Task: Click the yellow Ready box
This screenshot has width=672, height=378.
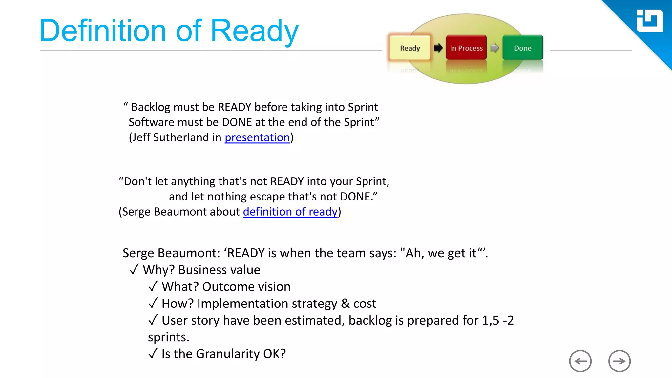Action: (x=410, y=48)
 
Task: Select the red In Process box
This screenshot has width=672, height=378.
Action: (x=466, y=48)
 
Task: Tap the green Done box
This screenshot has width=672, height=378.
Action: (x=522, y=48)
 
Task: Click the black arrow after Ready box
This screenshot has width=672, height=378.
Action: (x=438, y=48)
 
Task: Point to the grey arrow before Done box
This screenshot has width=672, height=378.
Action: (x=494, y=48)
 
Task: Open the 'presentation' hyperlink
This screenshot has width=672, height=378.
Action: (x=257, y=137)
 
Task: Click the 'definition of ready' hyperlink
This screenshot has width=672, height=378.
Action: (x=290, y=212)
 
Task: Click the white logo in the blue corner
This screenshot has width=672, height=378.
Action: (x=649, y=21)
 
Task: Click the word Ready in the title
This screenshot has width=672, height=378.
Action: (x=254, y=31)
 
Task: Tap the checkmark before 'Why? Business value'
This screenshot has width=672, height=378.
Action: (x=134, y=270)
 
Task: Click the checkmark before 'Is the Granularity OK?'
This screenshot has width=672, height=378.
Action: (x=153, y=354)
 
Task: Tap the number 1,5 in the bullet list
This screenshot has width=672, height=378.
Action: (x=490, y=320)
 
